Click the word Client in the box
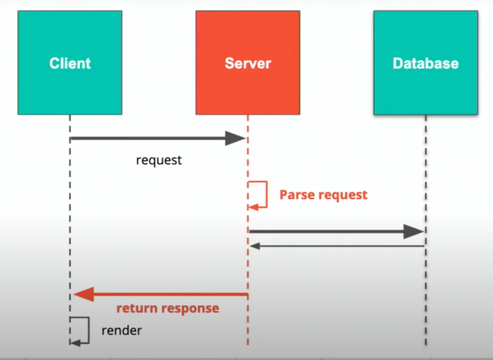tap(70, 63)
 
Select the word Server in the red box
tap(248, 63)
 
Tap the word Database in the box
tap(425, 63)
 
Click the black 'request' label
tap(159, 160)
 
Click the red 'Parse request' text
tap(323, 195)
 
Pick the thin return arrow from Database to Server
tap(338, 246)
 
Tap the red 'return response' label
tap(168, 308)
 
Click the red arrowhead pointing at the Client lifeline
tap(83, 294)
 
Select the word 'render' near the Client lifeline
tap(122, 330)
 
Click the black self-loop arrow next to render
tap(83, 330)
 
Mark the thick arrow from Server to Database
tap(326, 231)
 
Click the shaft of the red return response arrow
tap(169, 294)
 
